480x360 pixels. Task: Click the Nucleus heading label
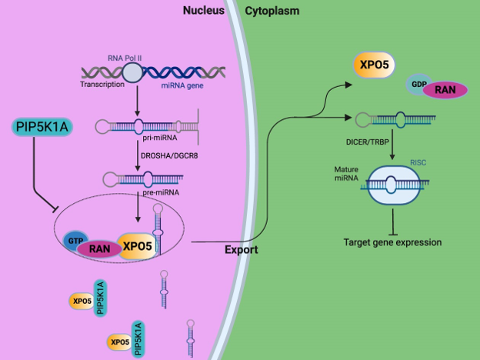coord(204,11)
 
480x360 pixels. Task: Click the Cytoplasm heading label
coord(272,11)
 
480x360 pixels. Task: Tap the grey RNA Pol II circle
coord(132,73)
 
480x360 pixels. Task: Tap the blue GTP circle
coord(74,240)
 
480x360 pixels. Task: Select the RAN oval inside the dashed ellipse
coord(98,248)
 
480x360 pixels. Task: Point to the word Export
coord(240,250)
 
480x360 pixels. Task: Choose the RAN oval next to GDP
coord(444,91)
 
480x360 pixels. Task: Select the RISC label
coord(418,162)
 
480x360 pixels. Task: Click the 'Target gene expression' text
coord(392,242)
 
